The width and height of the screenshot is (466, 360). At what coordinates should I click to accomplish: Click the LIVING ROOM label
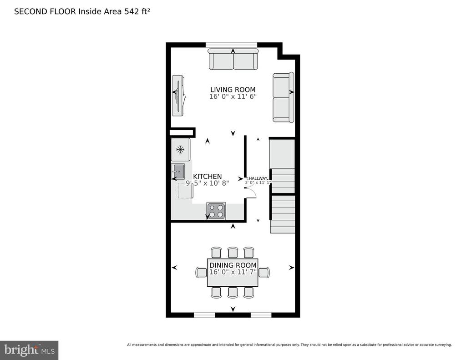[x=233, y=90]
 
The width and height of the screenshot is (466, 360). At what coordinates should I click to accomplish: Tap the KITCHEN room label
[x=208, y=176]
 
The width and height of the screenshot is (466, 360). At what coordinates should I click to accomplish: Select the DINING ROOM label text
[x=233, y=265]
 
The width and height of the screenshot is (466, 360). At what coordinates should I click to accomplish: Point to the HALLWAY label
[x=258, y=178]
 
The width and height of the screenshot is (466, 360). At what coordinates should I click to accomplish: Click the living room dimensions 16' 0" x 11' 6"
[x=233, y=96]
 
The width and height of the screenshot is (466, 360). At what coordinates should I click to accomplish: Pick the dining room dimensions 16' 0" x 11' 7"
[x=233, y=272]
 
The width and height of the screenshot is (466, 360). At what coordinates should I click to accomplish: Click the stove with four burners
[x=216, y=211]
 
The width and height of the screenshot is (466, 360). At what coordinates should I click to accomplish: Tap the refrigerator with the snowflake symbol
[x=180, y=150]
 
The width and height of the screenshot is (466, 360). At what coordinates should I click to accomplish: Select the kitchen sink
[x=178, y=171]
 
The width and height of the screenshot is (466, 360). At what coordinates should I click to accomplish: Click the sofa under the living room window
[x=233, y=59]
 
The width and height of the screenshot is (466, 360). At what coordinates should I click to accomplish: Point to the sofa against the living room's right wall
[x=284, y=98]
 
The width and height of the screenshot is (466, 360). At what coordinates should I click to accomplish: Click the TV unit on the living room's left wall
[x=179, y=96]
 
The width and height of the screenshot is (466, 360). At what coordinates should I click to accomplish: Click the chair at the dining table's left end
[x=201, y=272]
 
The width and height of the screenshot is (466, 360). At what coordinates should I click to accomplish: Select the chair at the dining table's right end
[x=264, y=272]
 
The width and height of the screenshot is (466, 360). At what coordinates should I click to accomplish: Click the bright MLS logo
[x=29, y=350]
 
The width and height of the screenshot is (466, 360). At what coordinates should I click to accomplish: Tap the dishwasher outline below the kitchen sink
[x=186, y=191]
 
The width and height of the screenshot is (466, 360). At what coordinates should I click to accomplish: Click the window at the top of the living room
[x=231, y=45]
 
